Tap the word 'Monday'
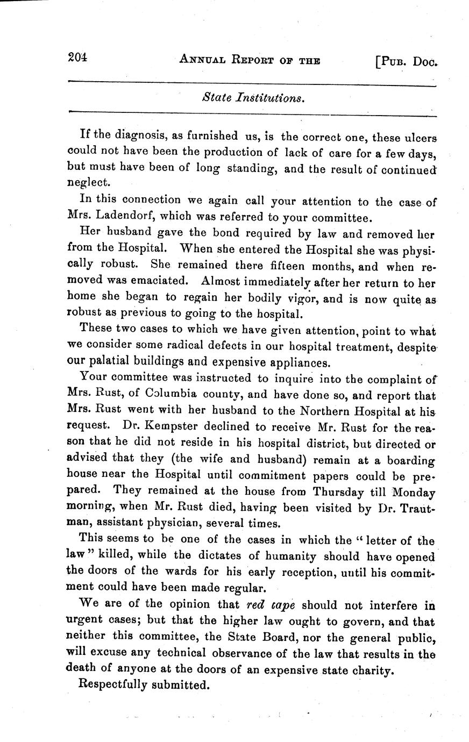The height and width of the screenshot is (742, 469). [x=414, y=491]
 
